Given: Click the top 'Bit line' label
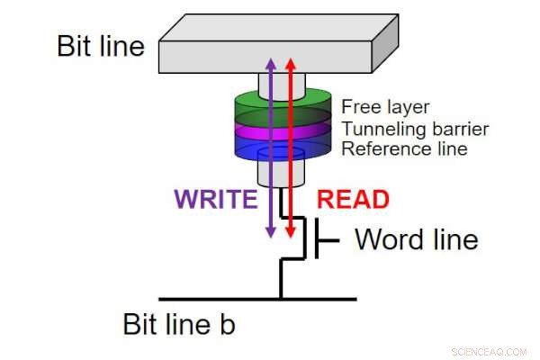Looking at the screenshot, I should tap(101, 46).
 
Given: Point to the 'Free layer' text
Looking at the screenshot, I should tap(386, 107).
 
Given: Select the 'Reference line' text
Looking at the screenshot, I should tap(404, 148).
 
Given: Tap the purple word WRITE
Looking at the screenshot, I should tap(215, 200).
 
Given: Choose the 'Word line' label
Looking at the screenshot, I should tap(416, 239).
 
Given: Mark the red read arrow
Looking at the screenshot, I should tap(290, 144).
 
